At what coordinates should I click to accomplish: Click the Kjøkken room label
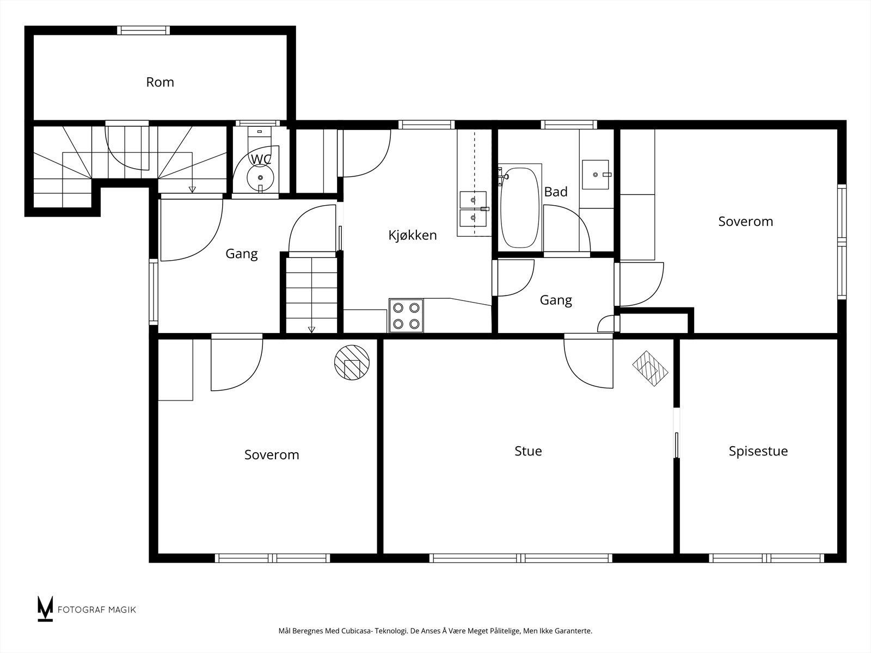tap(413, 235)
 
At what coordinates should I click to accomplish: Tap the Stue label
tap(528, 451)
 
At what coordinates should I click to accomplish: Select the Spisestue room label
tap(758, 451)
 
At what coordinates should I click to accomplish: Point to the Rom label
tap(160, 82)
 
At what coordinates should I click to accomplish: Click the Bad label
tap(556, 192)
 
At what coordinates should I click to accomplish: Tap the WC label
tap(261, 159)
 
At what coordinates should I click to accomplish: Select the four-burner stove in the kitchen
tap(406, 316)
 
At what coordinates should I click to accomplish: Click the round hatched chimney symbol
tap(352, 362)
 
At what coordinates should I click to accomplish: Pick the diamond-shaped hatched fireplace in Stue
tap(650, 368)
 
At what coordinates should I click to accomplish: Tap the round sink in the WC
tap(260, 178)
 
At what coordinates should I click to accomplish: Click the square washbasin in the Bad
tap(595, 175)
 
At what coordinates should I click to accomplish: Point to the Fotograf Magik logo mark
tap(45, 608)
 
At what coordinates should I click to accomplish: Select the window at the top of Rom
tap(143, 30)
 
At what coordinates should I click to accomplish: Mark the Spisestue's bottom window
tap(766, 558)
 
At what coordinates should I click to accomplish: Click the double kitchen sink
tap(473, 209)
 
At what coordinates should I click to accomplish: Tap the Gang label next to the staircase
tap(242, 254)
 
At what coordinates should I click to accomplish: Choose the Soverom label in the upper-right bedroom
tap(746, 221)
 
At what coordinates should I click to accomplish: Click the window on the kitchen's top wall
tap(427, 125)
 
